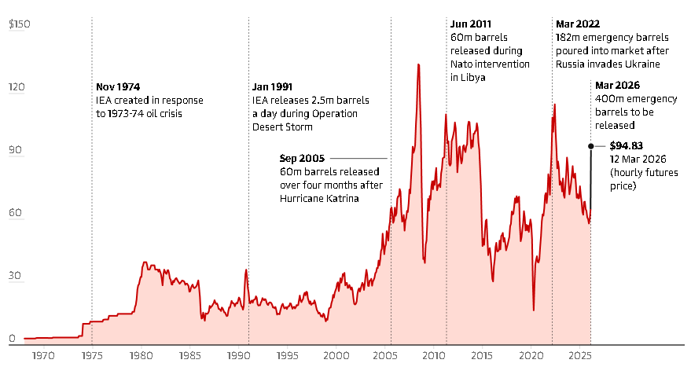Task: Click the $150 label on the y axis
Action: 19,25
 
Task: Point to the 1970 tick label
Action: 43,355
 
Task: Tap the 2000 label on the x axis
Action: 336,355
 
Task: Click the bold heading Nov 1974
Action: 118,86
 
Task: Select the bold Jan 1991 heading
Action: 274,86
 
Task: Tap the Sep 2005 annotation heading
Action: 302,158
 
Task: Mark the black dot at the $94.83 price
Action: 591,145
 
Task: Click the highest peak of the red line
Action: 418,64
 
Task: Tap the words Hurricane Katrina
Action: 319,199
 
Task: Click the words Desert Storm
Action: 284,127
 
